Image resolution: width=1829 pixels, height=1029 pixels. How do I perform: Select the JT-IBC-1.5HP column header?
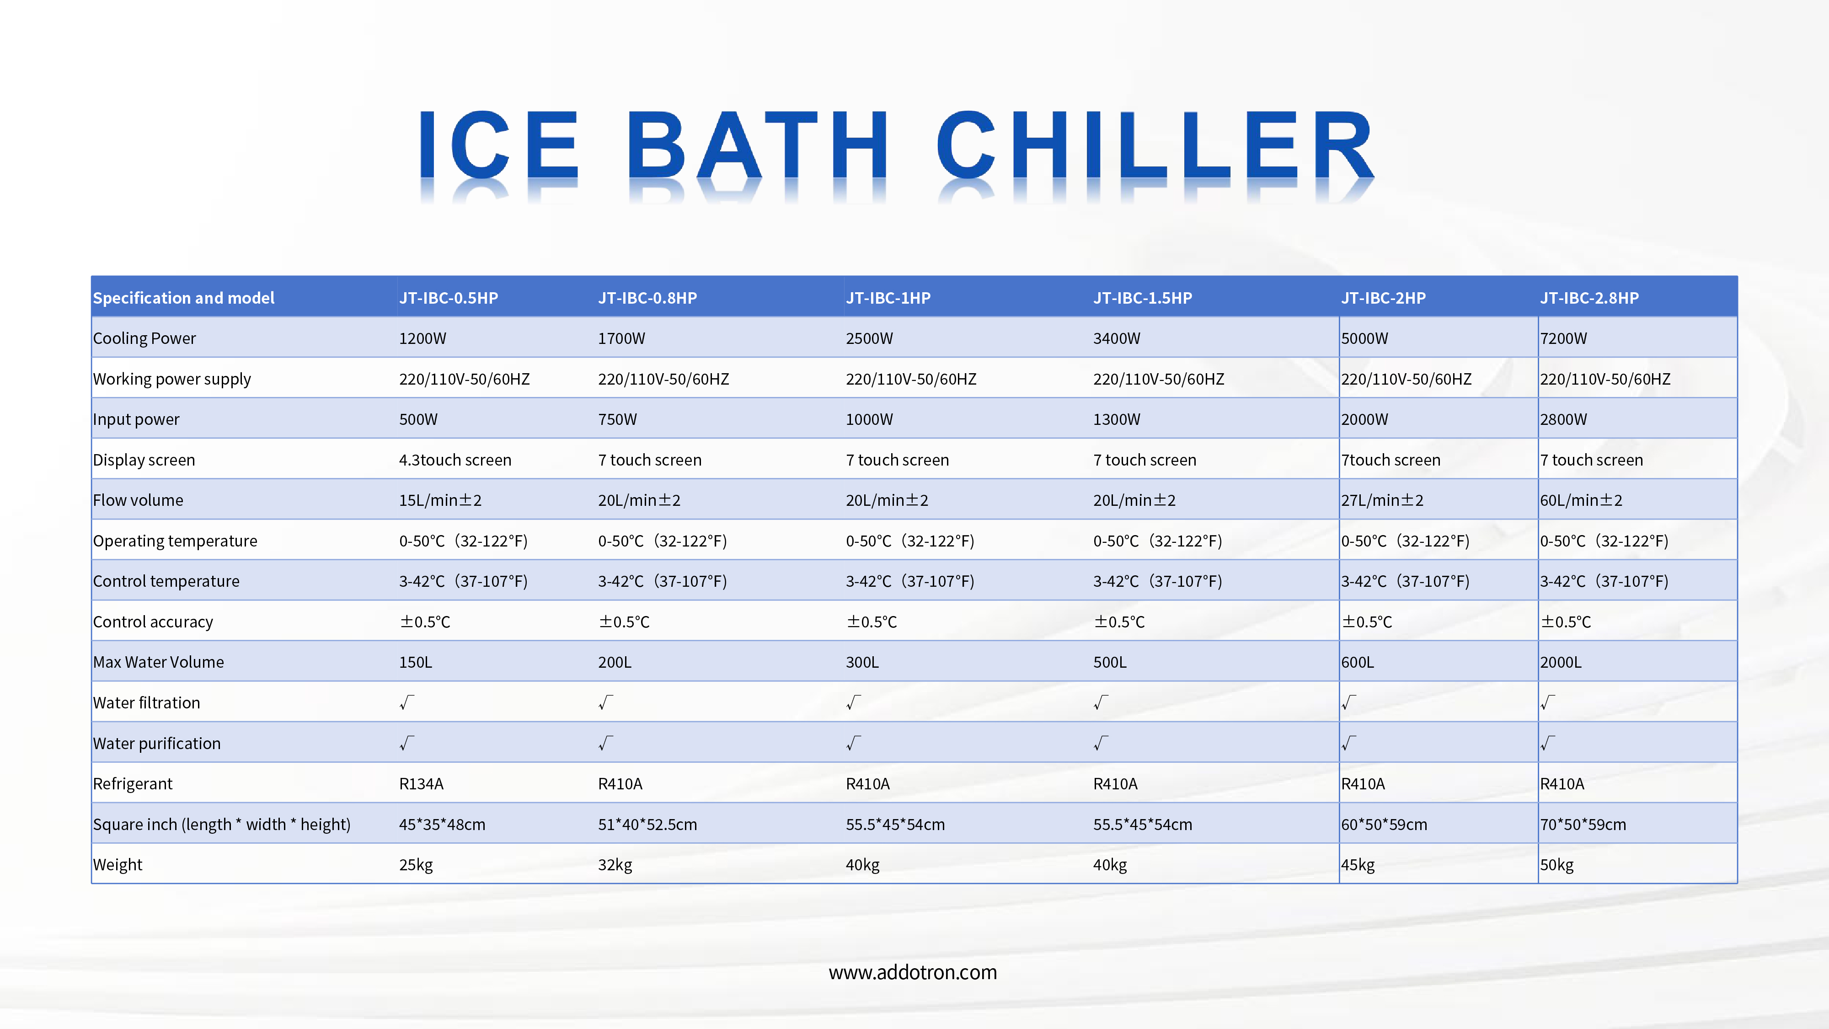(1142, 298)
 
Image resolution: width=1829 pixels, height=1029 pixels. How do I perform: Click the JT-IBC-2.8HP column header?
(1589, 298)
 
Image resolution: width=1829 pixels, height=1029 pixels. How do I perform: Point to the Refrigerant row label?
(133, 784)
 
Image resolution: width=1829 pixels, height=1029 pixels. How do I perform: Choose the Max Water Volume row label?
(158, 662)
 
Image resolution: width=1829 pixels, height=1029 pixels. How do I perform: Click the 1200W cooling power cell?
(422, 339)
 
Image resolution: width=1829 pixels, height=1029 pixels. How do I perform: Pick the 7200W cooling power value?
(1563, 339)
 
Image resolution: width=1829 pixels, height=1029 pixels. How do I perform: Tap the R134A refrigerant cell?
(421, 784)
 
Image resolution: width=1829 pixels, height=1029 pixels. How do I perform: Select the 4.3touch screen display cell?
(455, 460)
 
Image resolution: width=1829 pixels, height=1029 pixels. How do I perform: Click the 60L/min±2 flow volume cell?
(1581, 501)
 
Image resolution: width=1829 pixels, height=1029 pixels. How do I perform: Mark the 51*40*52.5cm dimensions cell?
(647, 825)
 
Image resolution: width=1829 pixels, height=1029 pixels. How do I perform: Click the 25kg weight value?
(416, 865)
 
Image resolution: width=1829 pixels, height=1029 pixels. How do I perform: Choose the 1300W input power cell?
(1117, 420)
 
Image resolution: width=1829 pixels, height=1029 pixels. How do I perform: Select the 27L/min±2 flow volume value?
(1382, 501)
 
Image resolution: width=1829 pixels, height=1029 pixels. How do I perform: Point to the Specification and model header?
(184, 298)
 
